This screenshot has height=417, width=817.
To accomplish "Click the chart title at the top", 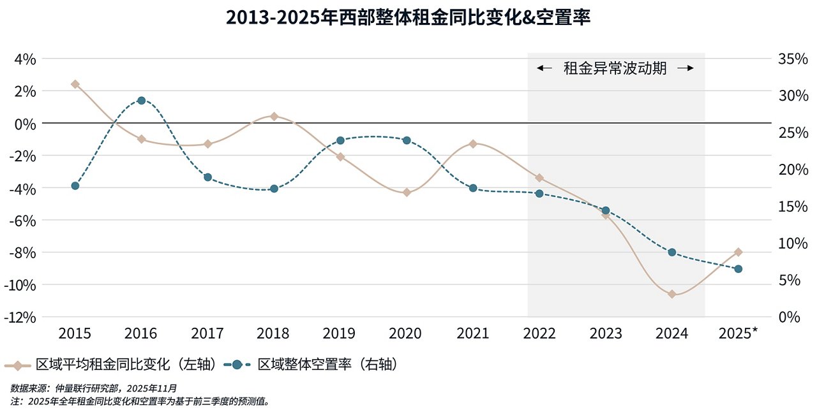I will point(408,17).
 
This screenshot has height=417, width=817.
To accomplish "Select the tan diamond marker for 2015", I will point(75,84).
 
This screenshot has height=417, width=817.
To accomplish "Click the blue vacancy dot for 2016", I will point(141,100).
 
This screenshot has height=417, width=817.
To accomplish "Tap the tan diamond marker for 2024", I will point(672,294).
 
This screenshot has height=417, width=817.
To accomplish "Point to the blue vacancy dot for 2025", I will point(738,269).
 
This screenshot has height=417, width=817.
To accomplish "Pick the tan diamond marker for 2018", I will point(274,117).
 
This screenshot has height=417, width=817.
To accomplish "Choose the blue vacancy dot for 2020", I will point(407,140).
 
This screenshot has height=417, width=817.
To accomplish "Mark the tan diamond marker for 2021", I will point(473,144).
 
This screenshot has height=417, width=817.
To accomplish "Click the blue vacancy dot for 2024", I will point(672,252).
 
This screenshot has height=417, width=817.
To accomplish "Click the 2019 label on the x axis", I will point(340,333).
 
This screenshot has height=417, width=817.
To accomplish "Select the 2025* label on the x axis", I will point(738,333).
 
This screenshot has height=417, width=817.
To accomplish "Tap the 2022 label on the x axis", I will point(539,333).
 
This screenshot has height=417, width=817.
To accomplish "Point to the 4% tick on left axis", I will point(25,59).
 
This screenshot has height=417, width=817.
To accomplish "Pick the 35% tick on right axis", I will point(793,59).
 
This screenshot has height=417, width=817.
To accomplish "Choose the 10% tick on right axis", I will point(793,243).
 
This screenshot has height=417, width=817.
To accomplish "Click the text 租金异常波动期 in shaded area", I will point(615,69).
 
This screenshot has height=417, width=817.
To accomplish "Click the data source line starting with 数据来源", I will point(93,388).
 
